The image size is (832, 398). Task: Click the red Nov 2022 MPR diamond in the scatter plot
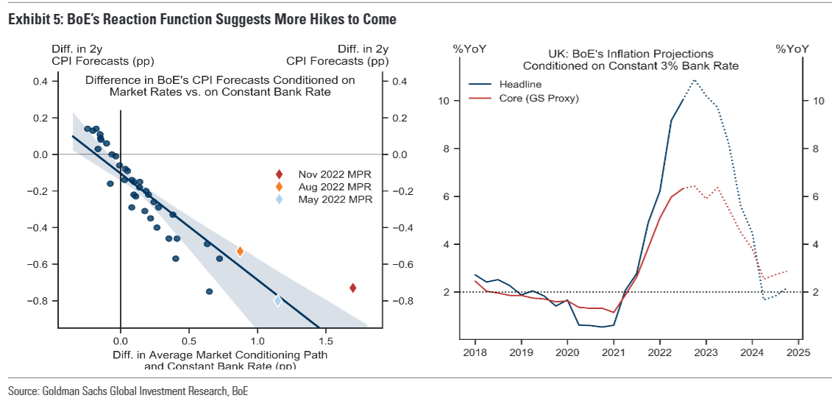coord(353,288)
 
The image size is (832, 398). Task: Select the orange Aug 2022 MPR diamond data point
coord(240,252)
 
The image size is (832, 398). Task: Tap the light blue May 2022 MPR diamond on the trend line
coord(277,300)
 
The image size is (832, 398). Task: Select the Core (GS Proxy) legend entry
coord(538,99)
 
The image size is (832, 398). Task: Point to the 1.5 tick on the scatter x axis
coord(326,341)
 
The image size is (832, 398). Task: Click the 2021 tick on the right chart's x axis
coord(614,352)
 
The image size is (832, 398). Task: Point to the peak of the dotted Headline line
coord(694,79)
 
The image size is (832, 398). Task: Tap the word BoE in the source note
coord(241,391)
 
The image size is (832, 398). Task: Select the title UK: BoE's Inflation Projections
coord(630,54)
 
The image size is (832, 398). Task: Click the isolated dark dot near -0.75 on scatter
coord(209,291)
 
